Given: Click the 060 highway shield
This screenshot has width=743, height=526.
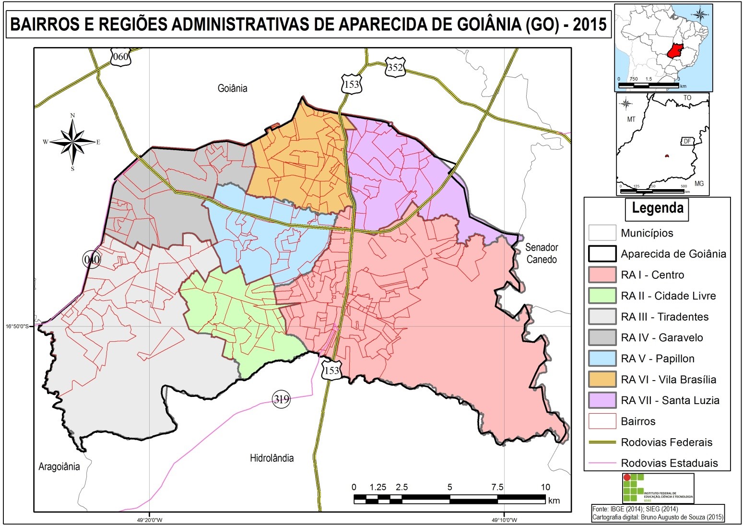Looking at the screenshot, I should [x=120, y=57].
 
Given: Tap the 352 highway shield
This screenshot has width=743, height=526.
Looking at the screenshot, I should [x=395, y=68].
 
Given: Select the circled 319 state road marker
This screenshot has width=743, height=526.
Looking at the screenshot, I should [x=282, y=399].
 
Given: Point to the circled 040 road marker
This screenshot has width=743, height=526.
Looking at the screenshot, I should [x=91, y=260].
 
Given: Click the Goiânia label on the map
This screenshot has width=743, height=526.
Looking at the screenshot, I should [x=232, y=88].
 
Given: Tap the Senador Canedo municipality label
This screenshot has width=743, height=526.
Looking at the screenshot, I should [x=542, y=253].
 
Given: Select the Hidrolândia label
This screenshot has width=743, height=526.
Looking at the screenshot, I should [x=271, y=458].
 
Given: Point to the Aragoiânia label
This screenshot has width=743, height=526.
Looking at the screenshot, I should [x=59, y=466].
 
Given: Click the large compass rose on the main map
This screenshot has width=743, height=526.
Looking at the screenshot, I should [x=73, y=142].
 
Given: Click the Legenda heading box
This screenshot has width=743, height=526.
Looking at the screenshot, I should [x=657, y=209].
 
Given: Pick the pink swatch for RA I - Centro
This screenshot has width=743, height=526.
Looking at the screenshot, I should [x=602, y=275].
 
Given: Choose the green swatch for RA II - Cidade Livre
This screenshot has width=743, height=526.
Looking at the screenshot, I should [x=602, y=296].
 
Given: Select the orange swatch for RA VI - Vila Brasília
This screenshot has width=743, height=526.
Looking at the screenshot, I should [x=602, y=379].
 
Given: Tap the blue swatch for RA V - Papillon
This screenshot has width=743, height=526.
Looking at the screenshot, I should [x=602, y=359].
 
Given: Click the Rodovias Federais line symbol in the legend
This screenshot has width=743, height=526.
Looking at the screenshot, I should [x=602, y=442].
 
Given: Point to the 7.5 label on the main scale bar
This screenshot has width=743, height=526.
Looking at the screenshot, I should [x=497, y=487].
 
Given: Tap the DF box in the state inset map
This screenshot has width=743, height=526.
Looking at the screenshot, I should [x=687, y=141].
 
